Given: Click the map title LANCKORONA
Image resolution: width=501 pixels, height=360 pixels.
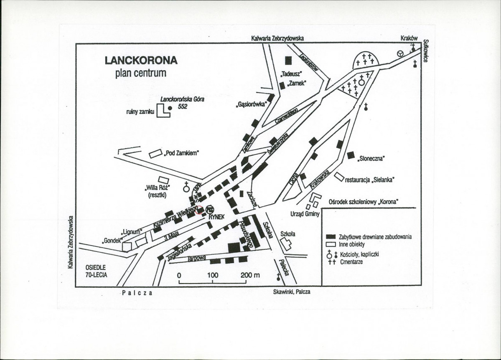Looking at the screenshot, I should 141,60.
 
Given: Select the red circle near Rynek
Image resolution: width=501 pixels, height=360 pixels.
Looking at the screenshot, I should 199,211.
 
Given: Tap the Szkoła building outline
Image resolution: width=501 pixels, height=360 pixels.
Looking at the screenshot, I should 286,244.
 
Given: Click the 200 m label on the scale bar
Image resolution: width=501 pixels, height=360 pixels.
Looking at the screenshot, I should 250,276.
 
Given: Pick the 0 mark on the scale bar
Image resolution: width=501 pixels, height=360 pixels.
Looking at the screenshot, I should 179,276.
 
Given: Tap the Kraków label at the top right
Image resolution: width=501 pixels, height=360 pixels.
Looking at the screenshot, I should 409,38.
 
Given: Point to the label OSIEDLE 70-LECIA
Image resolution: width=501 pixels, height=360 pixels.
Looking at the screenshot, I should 97,271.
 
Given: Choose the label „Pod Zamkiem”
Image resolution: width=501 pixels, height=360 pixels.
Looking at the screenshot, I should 181,153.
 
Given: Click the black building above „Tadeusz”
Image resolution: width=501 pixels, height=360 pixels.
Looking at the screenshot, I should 288,61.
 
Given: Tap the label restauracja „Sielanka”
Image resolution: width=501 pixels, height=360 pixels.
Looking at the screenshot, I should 370,180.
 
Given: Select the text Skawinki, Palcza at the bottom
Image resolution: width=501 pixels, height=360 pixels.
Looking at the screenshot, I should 292,292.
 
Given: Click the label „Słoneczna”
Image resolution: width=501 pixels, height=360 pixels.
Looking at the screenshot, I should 371,158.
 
